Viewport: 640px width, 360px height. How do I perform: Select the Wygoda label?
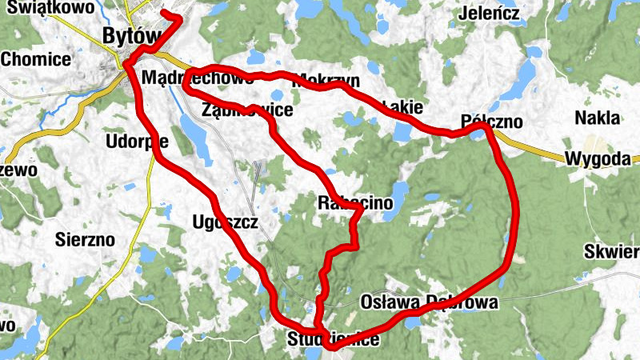pyautogui.click(x=597, y=158)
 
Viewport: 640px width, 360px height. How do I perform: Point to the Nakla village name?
pyautogui.click(x=598, y=118)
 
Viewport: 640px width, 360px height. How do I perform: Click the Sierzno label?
pyautogui.click(x=86, y=238)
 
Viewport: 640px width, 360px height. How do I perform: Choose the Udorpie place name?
pyautogui.click(x=137, y=142)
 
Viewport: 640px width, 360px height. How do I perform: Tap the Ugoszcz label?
pyautogui.click(x=226, y=222)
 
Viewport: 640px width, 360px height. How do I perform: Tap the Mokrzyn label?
pyautogui.click(x=327, y=81)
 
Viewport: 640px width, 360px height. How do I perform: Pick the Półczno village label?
pyautogui.click(x=492, y=122)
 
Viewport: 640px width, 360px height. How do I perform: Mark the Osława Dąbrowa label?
pyautogui.click(x=430, y=302)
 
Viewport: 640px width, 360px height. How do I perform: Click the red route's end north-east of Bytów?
pyautogui.click(x=164, y=14)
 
